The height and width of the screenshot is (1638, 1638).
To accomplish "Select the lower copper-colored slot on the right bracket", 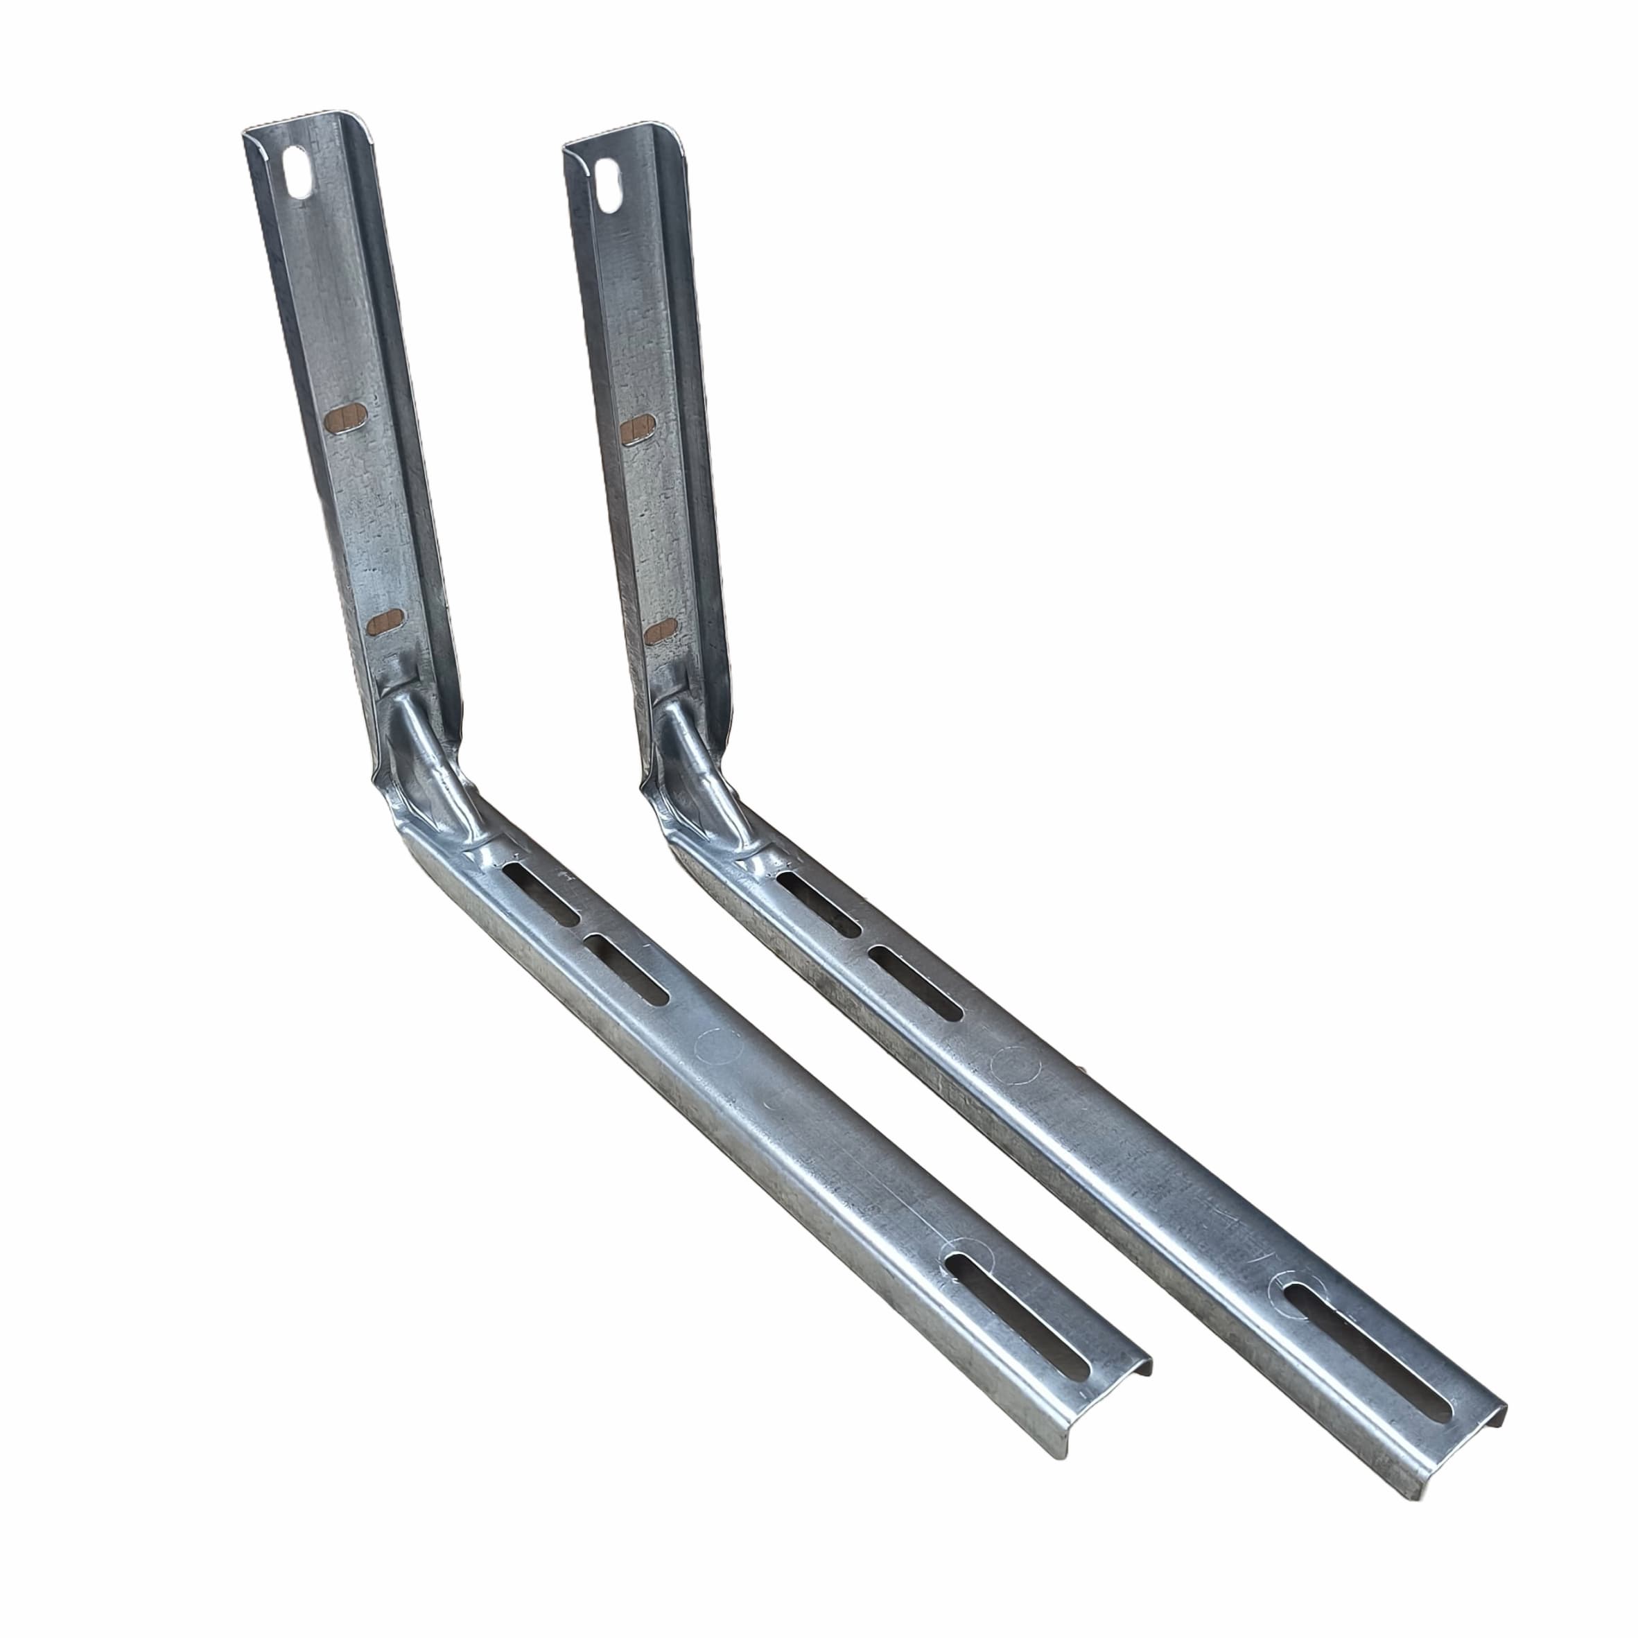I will (660, 631).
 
